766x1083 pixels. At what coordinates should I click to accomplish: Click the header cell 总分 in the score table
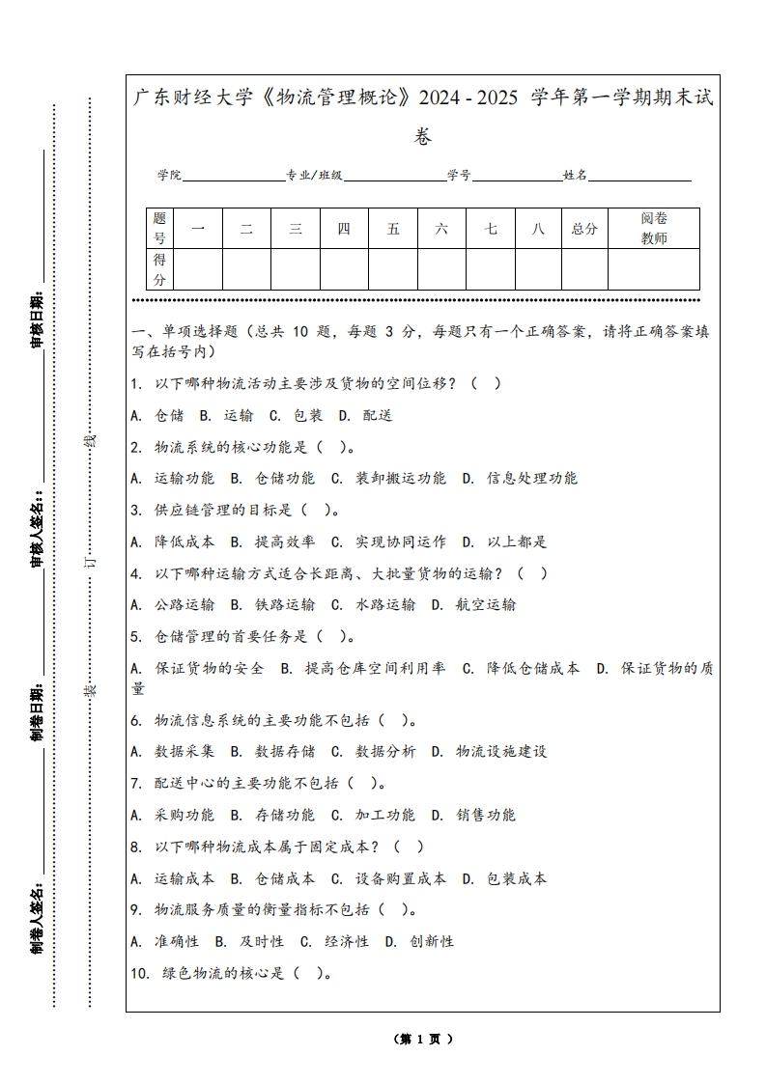click(x=584, y=229)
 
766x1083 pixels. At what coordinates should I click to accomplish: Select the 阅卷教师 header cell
click(x=654, y=229)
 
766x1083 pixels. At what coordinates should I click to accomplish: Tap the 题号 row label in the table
click(x=160, y=229)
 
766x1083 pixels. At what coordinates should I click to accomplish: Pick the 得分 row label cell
click(x=160, y=269)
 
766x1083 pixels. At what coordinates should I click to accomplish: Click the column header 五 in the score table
click(x=393, y=229)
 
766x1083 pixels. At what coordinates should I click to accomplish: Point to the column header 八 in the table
click(x=538, y=229)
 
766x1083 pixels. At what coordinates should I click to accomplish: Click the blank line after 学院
click(x=233, y=177)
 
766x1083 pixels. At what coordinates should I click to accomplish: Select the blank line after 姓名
click(x=639, y=177)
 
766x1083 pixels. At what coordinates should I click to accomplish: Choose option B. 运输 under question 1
click(x=226, y=415)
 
